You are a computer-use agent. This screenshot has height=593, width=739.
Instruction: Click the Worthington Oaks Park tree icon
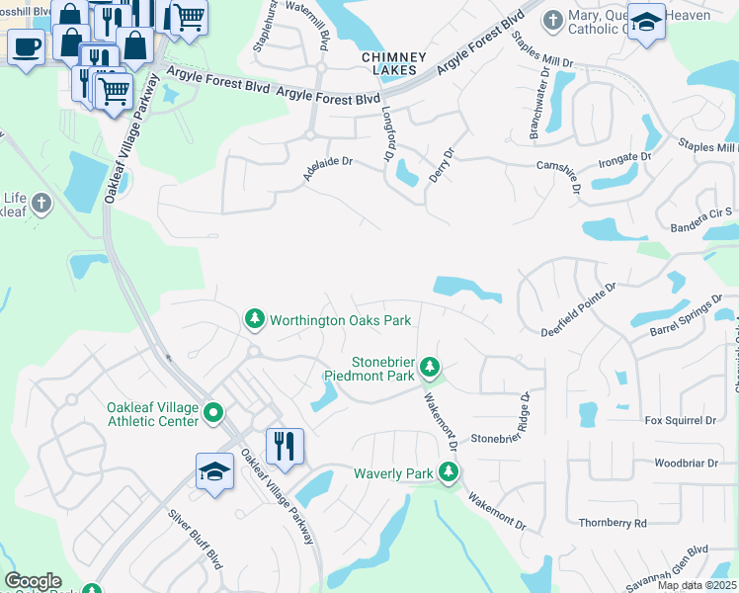(x=255, y=319)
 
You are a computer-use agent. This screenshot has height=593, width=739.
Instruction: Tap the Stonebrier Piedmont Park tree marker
(x=429, y=368)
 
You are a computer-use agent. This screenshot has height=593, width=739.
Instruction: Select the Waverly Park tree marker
(x=449, y=473)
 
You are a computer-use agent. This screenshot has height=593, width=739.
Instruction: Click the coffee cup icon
(x=26, y=44)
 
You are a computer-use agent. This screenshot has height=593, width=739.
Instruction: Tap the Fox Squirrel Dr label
(x=680, y=420)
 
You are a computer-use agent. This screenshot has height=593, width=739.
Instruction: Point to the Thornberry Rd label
(x=613, y=522)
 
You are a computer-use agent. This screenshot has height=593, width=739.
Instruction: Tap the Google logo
(x=33, y=581)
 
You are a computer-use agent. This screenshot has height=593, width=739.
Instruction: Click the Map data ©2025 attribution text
(x=697, y=585)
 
